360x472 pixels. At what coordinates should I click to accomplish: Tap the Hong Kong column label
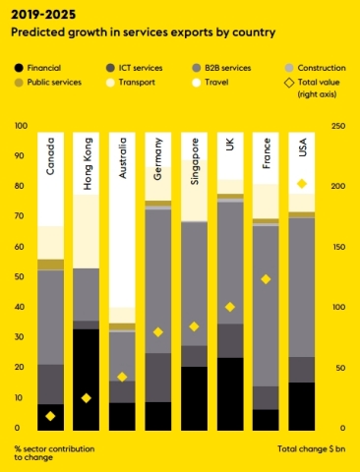87,162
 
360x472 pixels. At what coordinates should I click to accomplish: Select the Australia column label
122,161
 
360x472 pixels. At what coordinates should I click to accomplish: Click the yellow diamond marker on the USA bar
302,184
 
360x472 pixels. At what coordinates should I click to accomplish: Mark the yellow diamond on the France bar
266,279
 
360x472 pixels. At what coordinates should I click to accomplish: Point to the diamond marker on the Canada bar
51,416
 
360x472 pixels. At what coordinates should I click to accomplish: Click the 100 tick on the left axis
21,127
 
